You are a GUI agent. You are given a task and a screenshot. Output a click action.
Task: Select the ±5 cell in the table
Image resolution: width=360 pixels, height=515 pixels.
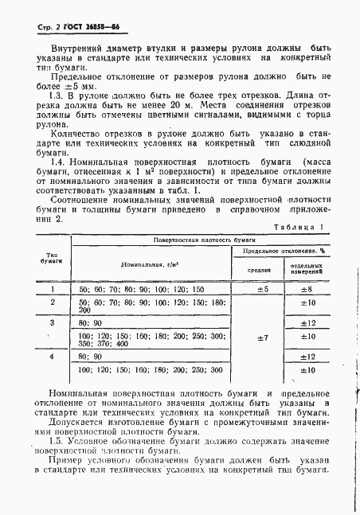point(262,290)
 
